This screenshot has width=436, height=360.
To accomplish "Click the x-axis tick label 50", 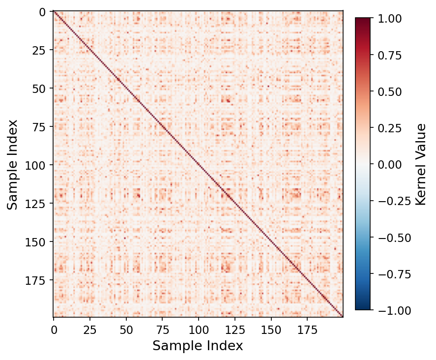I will tap(126, 329).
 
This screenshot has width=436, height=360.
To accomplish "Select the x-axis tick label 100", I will tap(199, 329).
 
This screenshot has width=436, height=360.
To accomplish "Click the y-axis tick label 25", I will tap(41, 50).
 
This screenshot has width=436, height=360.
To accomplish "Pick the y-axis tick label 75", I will tap(41, 126).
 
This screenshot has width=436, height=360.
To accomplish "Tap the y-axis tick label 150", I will tap(38, 241).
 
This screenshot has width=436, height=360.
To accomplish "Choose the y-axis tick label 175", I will tap(38, 280).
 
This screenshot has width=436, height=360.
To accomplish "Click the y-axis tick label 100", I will tap(38, 165).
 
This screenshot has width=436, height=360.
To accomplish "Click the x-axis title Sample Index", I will tap(198, 346).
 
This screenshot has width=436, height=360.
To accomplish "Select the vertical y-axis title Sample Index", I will tap(13, 164).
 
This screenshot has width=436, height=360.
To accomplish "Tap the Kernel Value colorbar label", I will tap(420, 164).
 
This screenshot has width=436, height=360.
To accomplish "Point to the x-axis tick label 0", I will tap(54, 329).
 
